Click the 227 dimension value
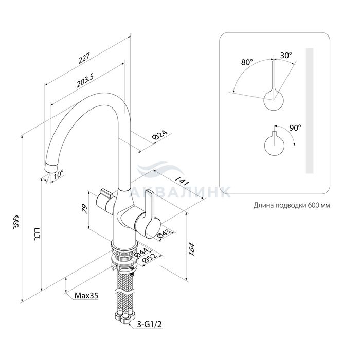pyautogui.click(x=84, y=58)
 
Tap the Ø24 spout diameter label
pyautogui.click(x=160, y=135)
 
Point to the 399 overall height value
pyautogui.click(x=16, y=222)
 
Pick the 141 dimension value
pyautogui.click(x=182, y=181)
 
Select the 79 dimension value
pyautogui.click(x=85, y=209)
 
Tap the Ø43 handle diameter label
pyautogui.click(x=164, y=234)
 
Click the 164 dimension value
pyautogui.click(x=192, y=249)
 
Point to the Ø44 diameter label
pyautogui.click(x=141, y=253)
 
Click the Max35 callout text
pyautogui.click(x=86, y=296)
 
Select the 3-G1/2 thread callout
pyautogui.click(x=149, y=324)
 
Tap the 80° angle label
pyautogui.click(x=247, y=62)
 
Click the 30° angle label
pyautogui.click(x=286, y=55)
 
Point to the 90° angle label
pyautogui.click(x=295, y=128)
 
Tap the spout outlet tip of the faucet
pyautogui.click(x=51, y=168)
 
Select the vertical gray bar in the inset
pyautogui.click(x=310, y=111)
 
